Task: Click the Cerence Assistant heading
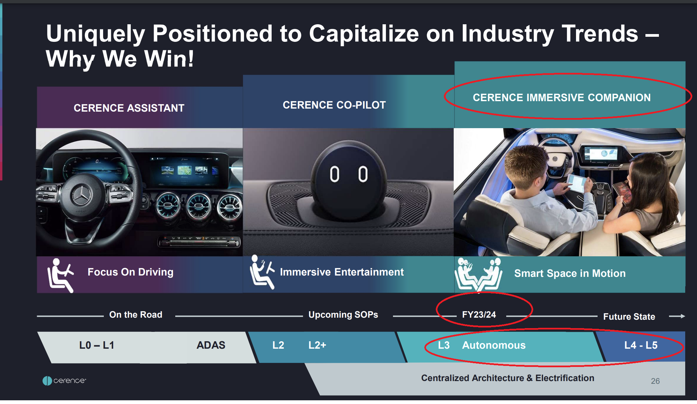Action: (x=129, y=108)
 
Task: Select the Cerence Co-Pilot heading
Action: (x=334, y=105)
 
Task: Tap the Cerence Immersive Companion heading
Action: (x=562, y=97)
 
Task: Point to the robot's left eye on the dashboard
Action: (x=334, y=174)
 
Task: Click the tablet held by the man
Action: (x=577, y=184)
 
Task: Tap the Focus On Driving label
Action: (x=130, y=272)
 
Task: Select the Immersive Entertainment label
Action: (x=342, y=272)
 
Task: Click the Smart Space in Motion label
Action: (x=570, y=273)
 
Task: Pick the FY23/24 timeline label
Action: (x=479, y=315)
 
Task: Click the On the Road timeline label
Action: (x=136, y=315)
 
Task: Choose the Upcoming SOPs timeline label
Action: (x=343, y=315)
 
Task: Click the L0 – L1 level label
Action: (x=97, y=345)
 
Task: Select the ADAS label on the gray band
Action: (x=211, y=345)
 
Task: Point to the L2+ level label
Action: (x=317, y=345)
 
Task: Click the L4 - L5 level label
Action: (x=641, y=345)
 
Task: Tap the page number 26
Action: (x=655, y=381)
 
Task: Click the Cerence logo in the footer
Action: (x=64, y=381)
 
